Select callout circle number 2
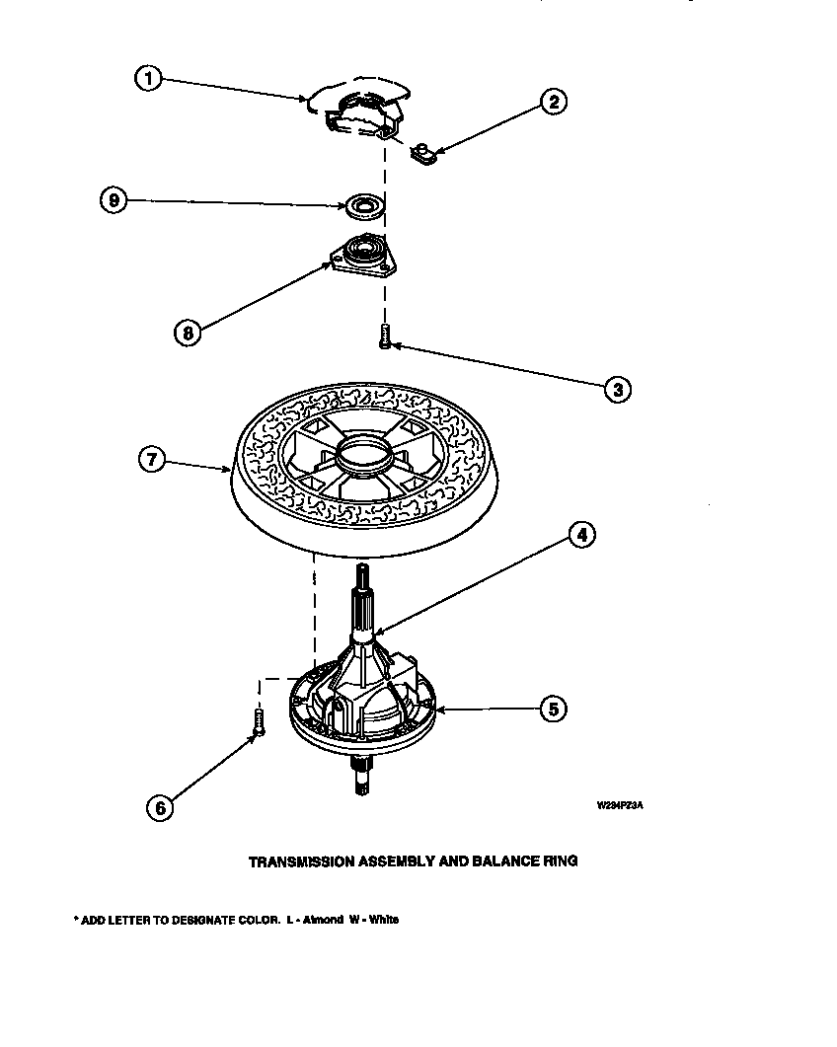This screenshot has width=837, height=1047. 554,101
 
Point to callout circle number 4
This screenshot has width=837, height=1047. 582,535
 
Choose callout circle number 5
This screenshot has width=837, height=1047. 553,707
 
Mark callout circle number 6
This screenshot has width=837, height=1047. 159,806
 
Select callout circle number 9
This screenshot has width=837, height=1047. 114,201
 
